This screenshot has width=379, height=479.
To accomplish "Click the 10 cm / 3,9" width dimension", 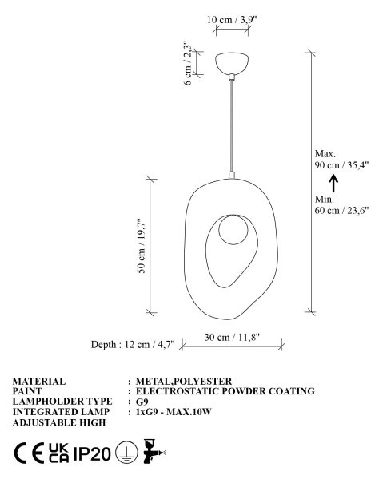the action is tap(232, 20).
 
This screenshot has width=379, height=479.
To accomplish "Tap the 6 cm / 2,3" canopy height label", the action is tap(188, 64).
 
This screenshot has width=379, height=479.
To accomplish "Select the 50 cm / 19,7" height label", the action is tap(141, 246).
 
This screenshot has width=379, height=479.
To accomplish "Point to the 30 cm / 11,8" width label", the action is tap(232, 337).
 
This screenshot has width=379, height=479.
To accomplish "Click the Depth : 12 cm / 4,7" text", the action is tap(133, 345).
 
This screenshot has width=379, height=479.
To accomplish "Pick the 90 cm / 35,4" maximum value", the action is tap(342, 165).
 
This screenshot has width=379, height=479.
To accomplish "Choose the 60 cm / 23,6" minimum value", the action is tap(341, 211).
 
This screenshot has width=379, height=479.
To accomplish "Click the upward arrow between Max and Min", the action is tap(333, 183).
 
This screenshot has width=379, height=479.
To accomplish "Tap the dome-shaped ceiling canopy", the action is tap(232, 63).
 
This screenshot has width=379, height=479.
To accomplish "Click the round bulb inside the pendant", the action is tap(233, 230).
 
